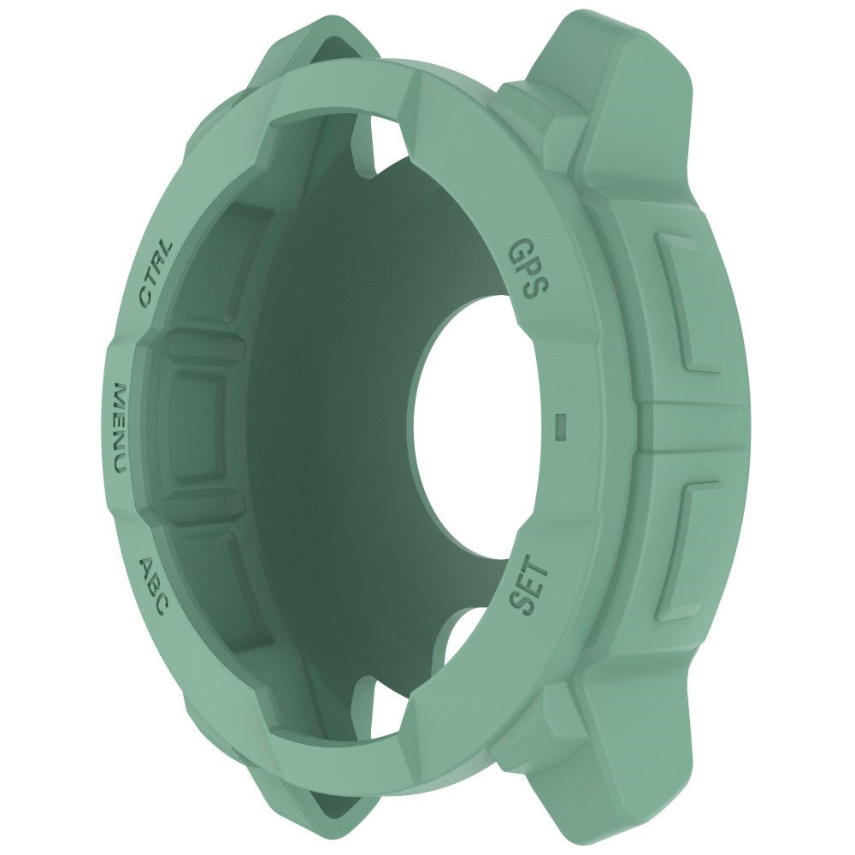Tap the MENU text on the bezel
(119, 428)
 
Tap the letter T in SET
(540, 570)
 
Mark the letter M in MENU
(118, 397)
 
